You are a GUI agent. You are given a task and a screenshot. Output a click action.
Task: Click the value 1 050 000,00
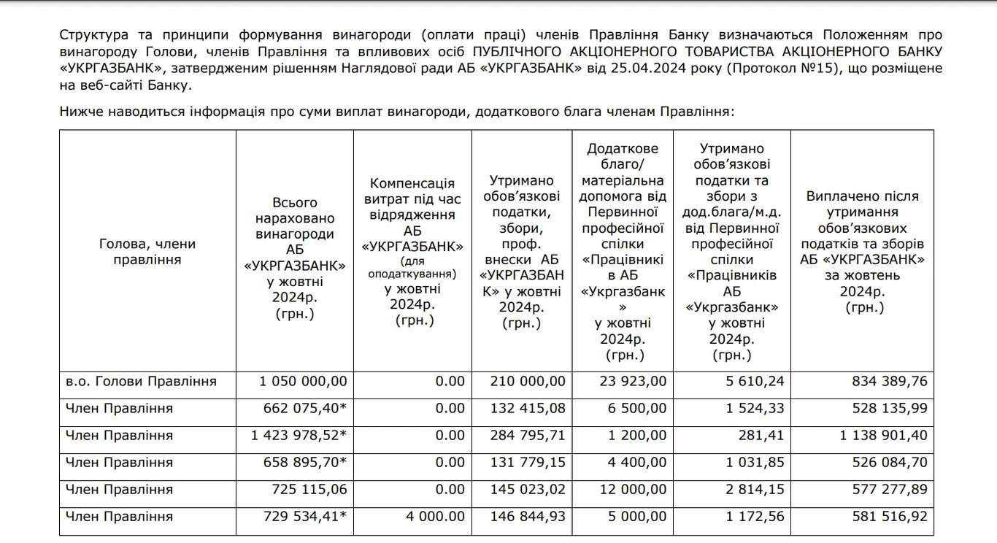[x=304, y=381]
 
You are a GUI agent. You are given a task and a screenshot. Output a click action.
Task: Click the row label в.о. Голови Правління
[x=141, y=381]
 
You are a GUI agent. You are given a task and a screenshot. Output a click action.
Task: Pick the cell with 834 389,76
[x=888, y=381]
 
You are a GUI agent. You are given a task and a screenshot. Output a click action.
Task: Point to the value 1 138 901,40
[x=882, y=436]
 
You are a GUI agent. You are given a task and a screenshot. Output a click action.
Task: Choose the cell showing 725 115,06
[x=307, y=490]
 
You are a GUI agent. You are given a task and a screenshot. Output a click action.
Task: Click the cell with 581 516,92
[x=888, y=517]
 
